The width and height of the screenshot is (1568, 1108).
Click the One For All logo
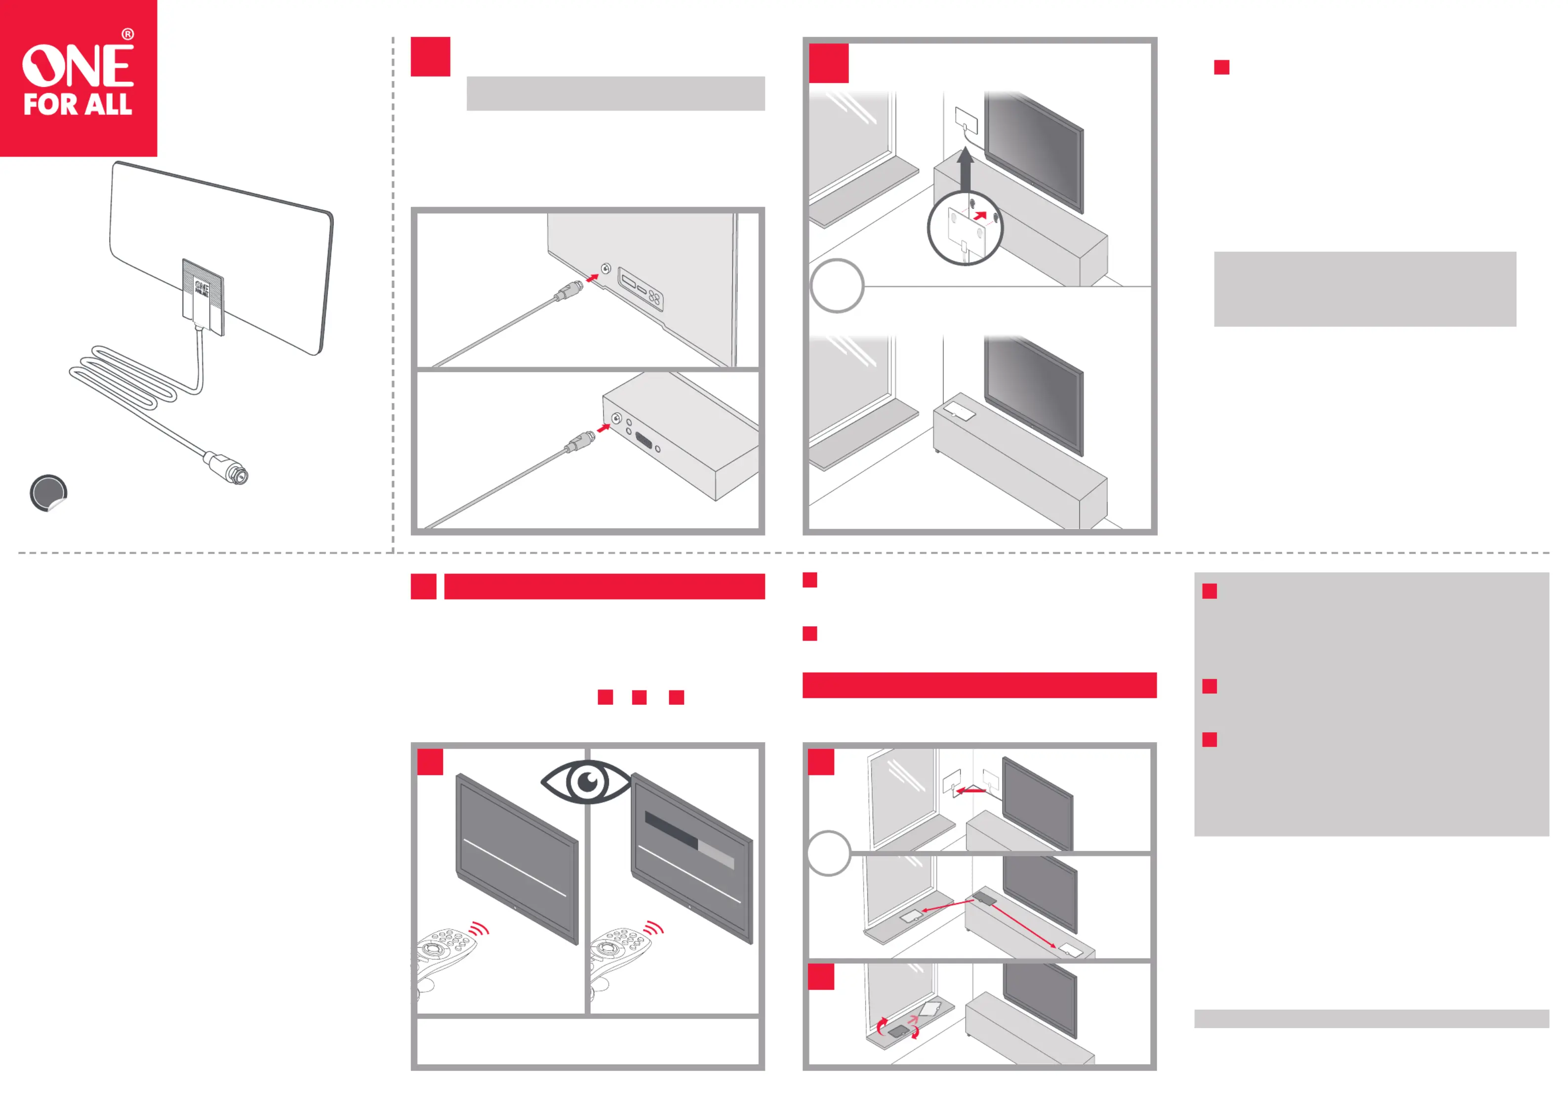pos(79,78)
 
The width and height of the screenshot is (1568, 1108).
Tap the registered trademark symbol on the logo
pos(128,34)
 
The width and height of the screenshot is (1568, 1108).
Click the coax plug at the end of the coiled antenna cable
pos(226,468)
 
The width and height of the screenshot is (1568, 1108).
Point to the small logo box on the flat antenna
pos(203,297)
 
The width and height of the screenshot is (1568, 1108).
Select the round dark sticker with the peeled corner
pos(48,493)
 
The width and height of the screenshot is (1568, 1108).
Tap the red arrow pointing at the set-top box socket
pos(603,428)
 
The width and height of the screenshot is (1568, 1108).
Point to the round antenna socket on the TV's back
pos(606,268)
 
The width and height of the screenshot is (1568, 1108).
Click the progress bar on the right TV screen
pos(689,841)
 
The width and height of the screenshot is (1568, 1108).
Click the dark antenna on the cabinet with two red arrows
pos(984,898)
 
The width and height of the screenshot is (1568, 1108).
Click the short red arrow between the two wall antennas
pos(970,791)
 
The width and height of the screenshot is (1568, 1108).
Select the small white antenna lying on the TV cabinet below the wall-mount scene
pos(960,411)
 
